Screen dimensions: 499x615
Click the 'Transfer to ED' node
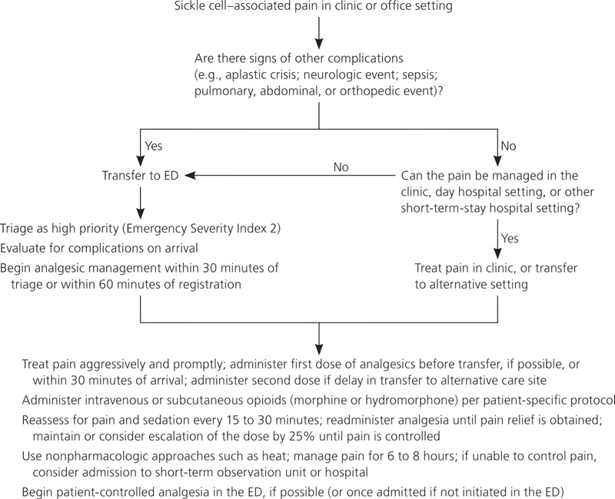tap(141, 176)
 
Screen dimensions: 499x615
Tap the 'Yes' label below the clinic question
tap(510, 238)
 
